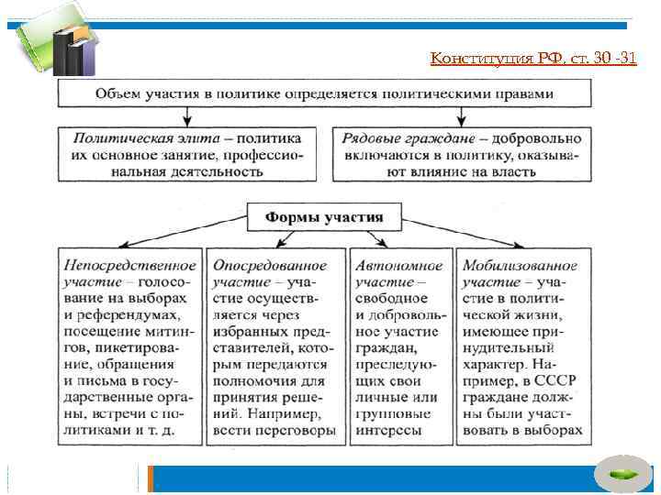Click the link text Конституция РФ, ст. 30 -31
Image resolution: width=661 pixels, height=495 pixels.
click(533, 60)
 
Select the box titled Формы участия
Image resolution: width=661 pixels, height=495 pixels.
click(324, 217)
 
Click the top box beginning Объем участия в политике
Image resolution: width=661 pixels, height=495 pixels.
click(325, 93)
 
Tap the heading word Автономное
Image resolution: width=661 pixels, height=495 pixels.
click(399, 265)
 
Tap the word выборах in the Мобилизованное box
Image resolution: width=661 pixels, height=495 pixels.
click(557, 430)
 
